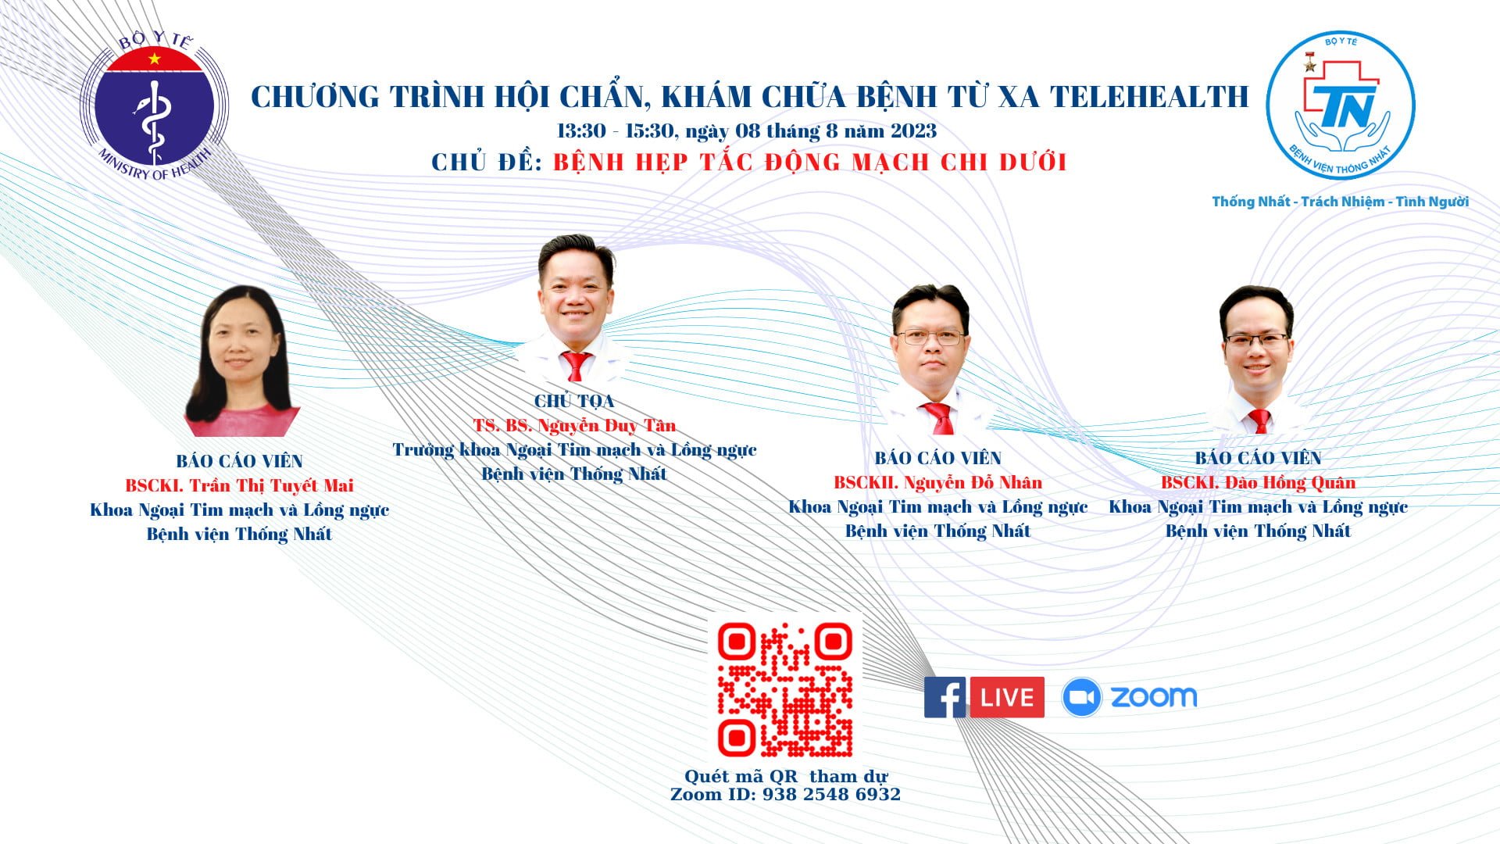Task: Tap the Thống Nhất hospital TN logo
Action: coord(1341,105)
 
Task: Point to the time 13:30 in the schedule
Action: coord(581,131)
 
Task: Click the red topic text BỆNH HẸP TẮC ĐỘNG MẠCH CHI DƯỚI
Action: coord(810,162)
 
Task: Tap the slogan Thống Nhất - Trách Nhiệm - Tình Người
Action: coord(1341,202)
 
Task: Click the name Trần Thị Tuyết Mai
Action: coord(271,485)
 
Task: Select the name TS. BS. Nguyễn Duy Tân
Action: coord(574,425)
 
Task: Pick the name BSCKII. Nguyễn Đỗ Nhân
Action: coord(937,482)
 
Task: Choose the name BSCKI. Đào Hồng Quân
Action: coord(1258,482)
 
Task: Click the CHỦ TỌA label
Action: coord(574,401)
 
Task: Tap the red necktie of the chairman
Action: coord(576,366)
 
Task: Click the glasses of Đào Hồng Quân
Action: coord(1256,341)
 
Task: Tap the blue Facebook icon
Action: coord(945,697)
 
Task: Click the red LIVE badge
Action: coord(1007,697)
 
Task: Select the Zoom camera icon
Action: coord(1082,698)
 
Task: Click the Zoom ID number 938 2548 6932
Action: coord(831,795)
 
